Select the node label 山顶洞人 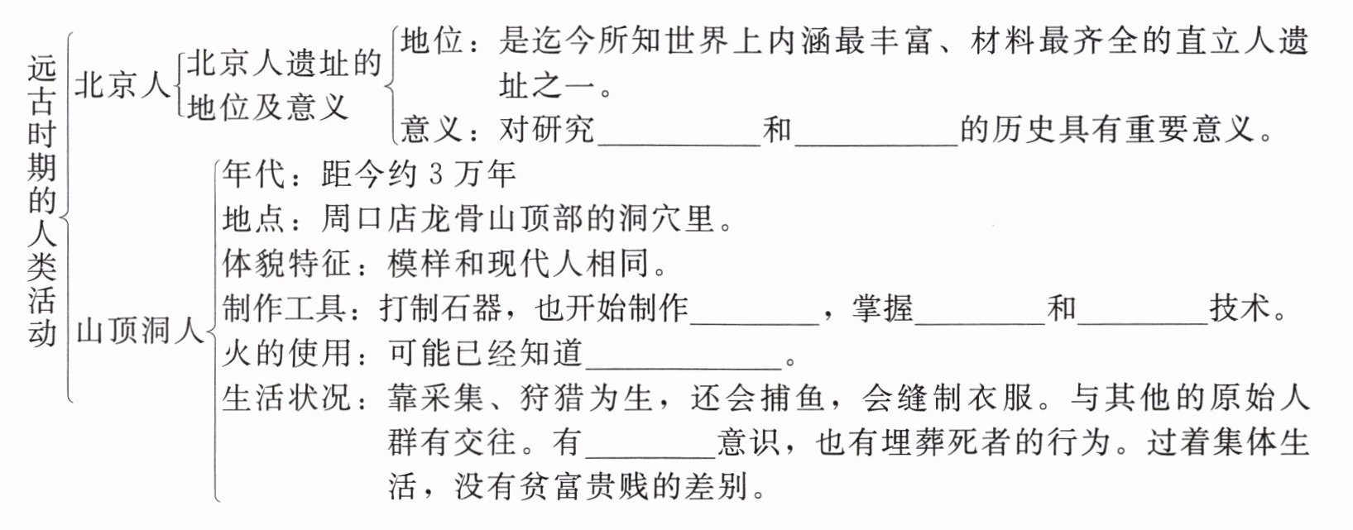(139, 332)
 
